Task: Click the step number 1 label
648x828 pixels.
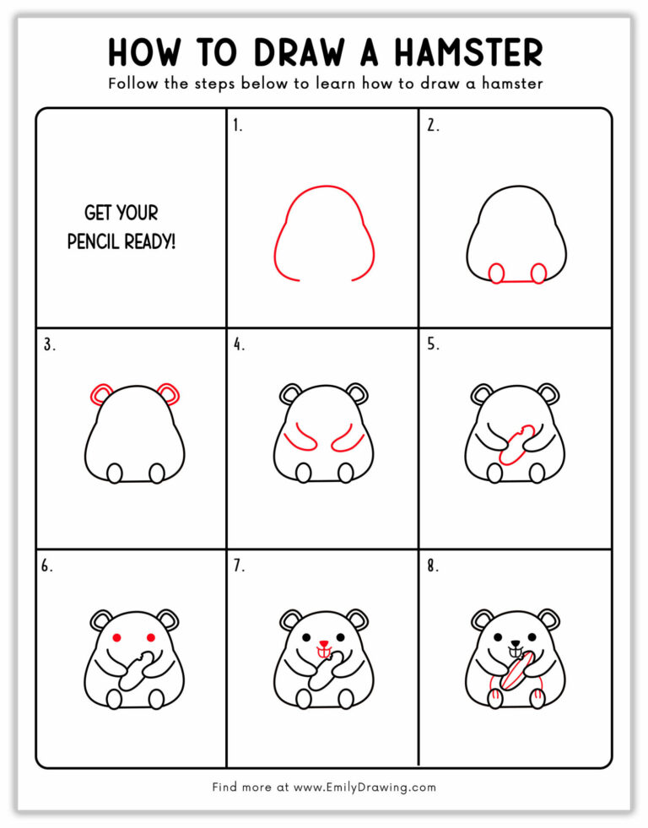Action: point(238,127)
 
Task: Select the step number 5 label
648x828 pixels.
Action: point(432,344)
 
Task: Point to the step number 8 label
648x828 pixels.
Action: point(432,566)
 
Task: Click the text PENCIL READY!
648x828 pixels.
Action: point(122,241)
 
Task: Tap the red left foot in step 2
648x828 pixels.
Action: point(497,273)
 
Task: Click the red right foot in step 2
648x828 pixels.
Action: point(537,273)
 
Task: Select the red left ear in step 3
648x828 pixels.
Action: point(101,393)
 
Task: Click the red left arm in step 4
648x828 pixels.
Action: point(295,442)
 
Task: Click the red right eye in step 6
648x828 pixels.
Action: point(153,636)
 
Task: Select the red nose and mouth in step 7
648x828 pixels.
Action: point(323,648)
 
